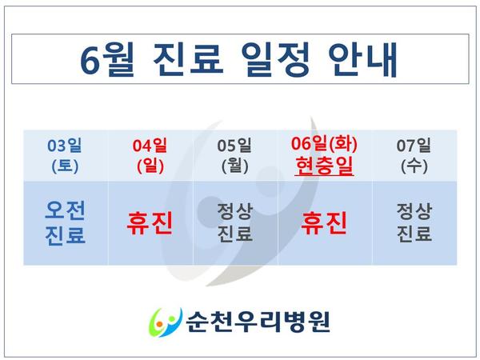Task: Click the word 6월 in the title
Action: [107, 60]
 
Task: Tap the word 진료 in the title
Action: [188, 59]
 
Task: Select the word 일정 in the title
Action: [276, 60]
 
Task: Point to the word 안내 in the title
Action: [363, 60]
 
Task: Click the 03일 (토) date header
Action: [65, 156]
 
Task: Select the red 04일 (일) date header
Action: [150, 156]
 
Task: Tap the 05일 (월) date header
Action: [234, 156]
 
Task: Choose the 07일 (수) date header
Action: [414, 156]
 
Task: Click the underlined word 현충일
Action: [325, 166]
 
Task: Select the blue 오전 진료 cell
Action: [65, 223]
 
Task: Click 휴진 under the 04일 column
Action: [150, 223]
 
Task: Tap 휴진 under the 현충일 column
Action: [324, 223]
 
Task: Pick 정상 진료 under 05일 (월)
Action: [234, 222]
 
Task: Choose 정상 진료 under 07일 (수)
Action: [414, 222]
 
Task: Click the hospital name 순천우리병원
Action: [258, 322]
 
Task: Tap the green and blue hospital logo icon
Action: [166, 322]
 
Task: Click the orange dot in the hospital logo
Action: [158, 323]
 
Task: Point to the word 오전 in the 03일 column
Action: [65, 210]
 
